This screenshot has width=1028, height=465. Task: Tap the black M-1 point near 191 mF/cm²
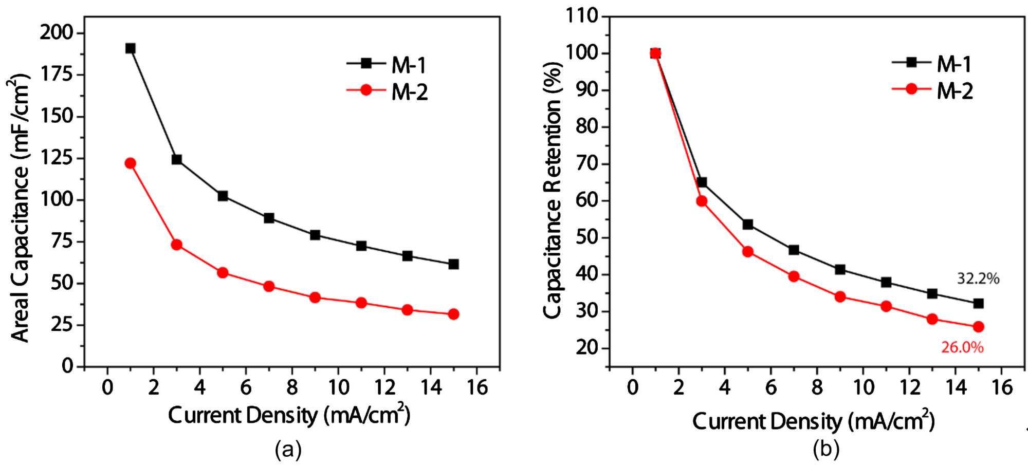(131, 48)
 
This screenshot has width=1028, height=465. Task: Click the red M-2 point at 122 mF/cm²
(131, 163)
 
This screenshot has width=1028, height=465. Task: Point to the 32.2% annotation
(978, 279)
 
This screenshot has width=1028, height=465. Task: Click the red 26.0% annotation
(962, 348)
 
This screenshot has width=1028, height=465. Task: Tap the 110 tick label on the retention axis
(582, 16)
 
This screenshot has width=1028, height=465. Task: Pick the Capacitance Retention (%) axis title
(553, 190)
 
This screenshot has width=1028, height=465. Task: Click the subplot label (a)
(288, 450)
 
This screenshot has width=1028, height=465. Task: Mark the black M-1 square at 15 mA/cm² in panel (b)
(978, 304)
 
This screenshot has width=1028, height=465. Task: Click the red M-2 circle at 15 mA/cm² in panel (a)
(453, 314)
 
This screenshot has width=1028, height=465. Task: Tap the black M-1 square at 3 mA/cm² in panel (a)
(177, 160)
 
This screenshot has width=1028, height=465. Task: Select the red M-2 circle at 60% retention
(702, 201)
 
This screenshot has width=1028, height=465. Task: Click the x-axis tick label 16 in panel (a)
(477, 387)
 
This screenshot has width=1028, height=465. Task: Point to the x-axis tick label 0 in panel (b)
(633, 387)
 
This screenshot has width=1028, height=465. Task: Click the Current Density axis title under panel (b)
(813, 422)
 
